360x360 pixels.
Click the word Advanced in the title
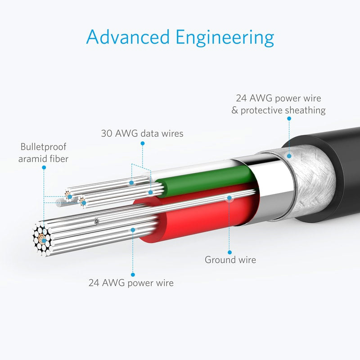(x=128, y=37)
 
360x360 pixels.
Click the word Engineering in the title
(x=225, y=38)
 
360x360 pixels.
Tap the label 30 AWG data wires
(x=142, y=133)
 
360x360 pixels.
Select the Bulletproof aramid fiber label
(x=43, y=153)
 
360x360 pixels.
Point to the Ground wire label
(x=230, y=260)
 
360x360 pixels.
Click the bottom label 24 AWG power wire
(x=131, y=283)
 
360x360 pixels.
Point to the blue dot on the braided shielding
(x=289, y=156)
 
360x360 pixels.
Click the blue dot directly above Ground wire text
(x=229, y=252)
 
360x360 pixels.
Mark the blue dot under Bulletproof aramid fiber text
(x=44, y=167)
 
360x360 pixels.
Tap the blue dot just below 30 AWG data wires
(x=143, y=144)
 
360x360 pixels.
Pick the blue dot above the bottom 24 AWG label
(x=133, y=274)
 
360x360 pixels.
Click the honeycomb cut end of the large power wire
(x=42, y=239)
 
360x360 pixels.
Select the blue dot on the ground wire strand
(x=229, y=198)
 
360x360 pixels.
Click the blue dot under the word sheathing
(x=289, y=118)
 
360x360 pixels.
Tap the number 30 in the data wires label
(x=107, y=133)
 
